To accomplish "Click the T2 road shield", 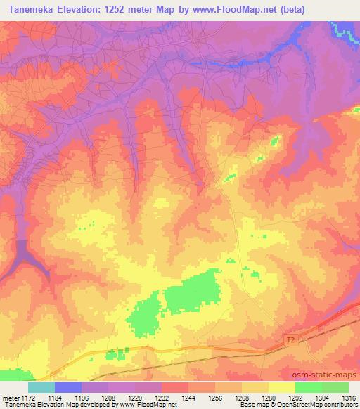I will pyautogui.click(x=290, y=340).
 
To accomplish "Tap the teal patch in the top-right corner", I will pyautogui.click(x=343, y=30).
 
